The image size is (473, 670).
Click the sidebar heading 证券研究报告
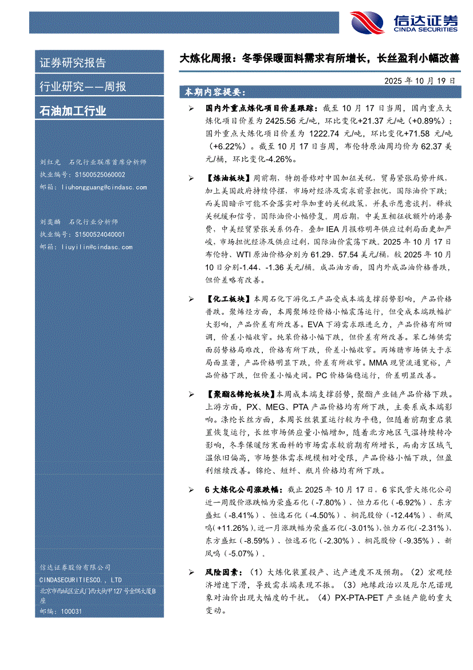(72, 63)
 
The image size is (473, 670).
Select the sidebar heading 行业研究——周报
(82, 87)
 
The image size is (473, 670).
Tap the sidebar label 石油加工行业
(72, 111)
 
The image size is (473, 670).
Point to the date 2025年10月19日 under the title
(420, 81)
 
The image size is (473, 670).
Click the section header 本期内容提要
(212, 92)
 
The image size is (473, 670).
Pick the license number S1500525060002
(100, 175)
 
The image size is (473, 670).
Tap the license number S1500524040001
(100, 234)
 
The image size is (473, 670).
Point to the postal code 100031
(70, 611)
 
